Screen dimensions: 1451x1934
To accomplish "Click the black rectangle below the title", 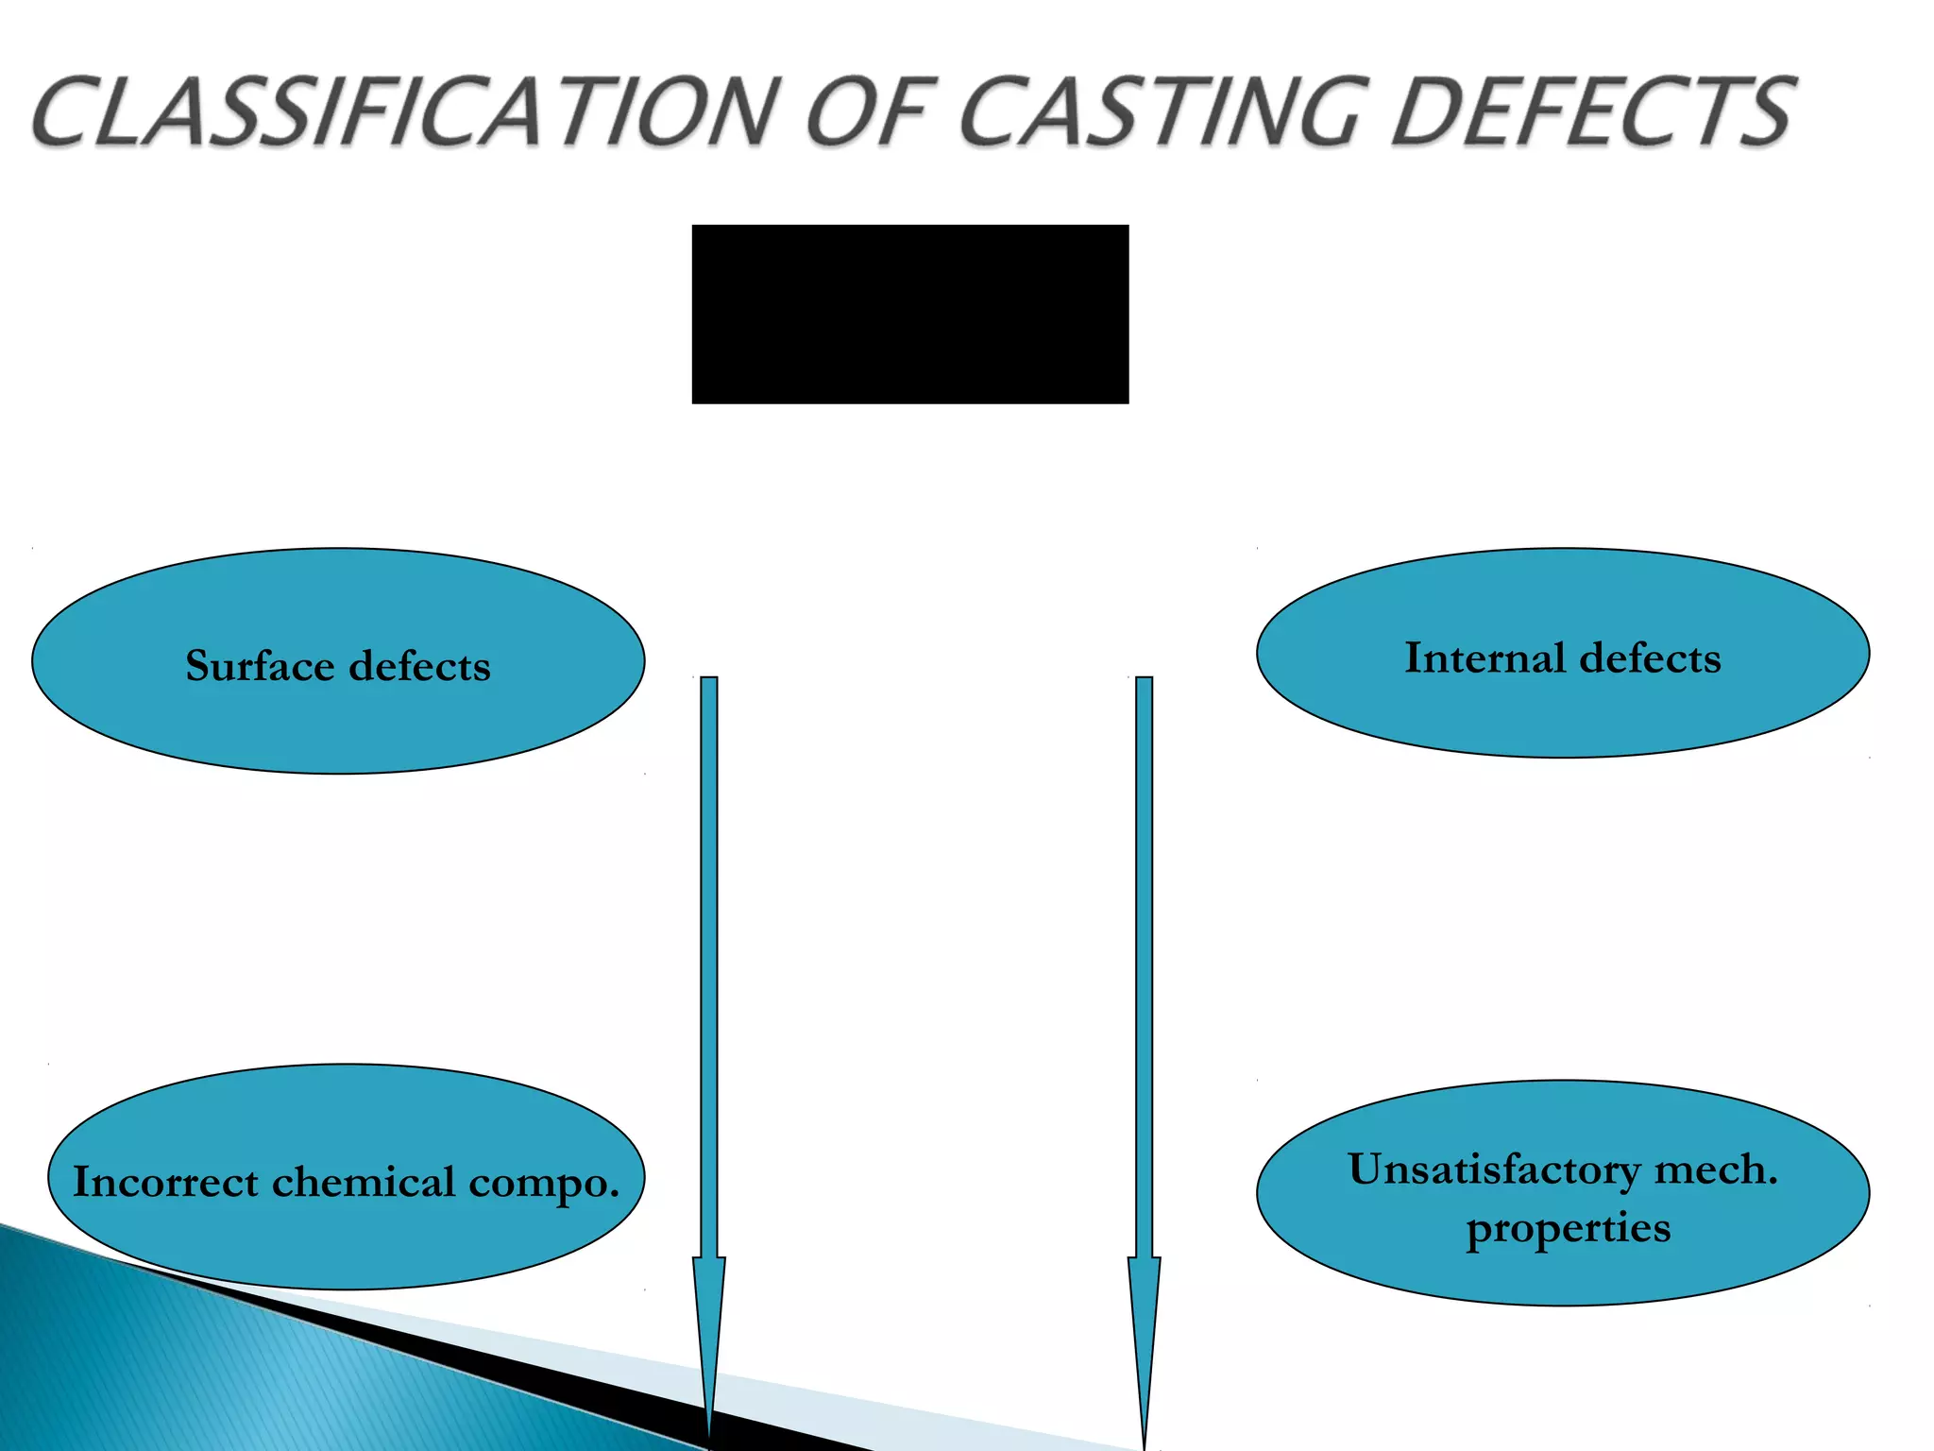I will [x=909, y=314].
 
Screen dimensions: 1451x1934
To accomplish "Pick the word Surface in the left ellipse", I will [x=260, y=666].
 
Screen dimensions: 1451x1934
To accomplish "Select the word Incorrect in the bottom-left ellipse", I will [x=165, y=1182].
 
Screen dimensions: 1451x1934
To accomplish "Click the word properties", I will [x=1568, y=1228].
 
